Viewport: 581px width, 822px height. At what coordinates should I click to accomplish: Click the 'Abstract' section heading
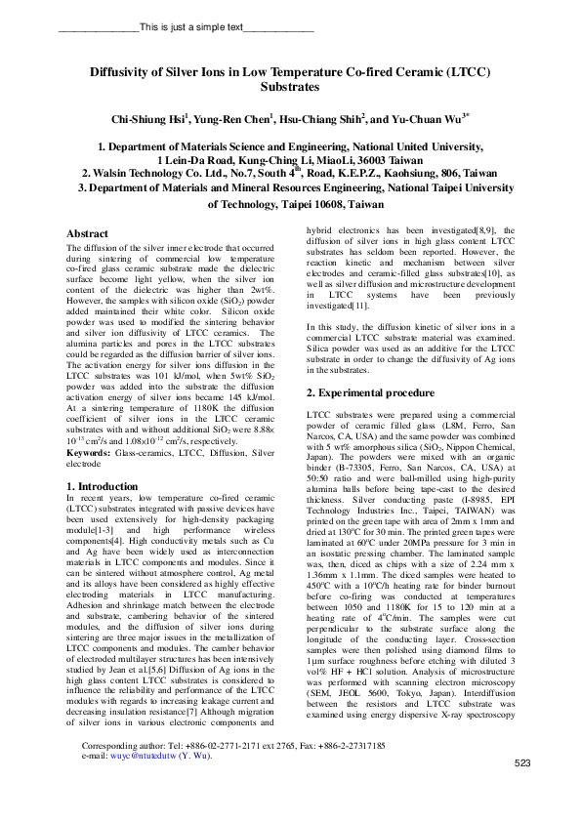(87, 234)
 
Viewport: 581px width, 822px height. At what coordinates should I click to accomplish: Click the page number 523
(522, 790)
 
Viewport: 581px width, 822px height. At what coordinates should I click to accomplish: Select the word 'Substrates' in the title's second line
(290, 87)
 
